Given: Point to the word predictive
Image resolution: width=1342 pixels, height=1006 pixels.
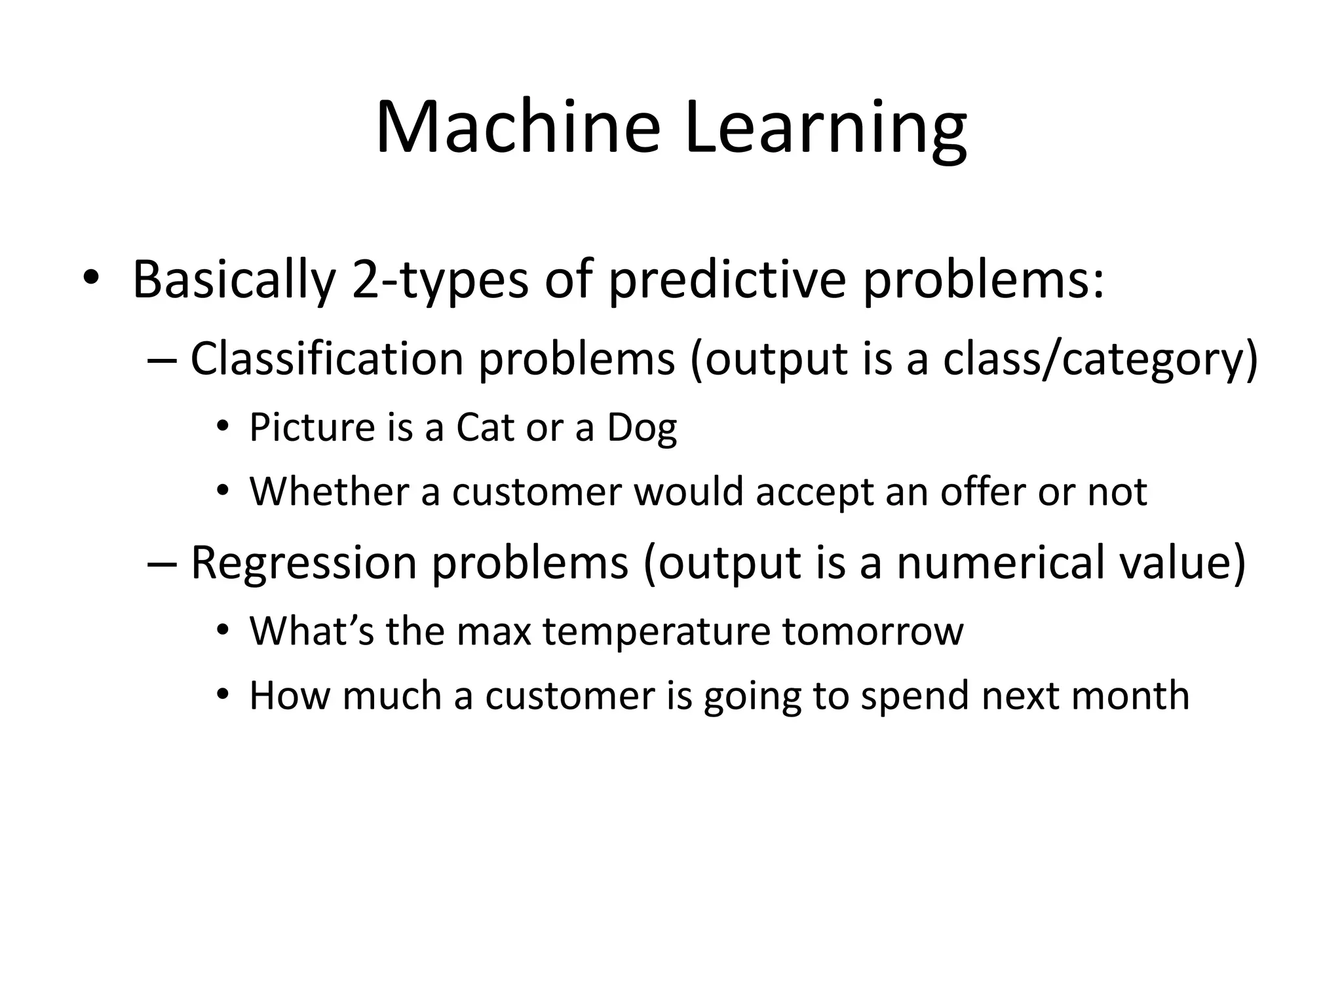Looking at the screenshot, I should (x=727, y=280).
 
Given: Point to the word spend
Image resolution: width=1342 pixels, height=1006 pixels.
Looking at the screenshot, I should (x=914, y=696).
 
